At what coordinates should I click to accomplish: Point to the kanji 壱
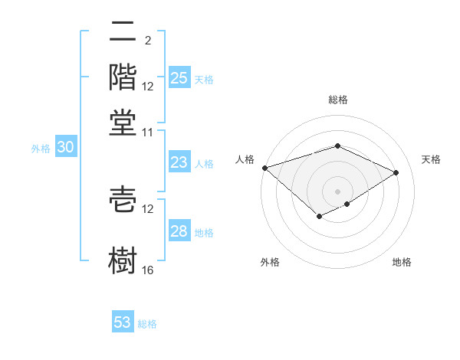click(123, 199)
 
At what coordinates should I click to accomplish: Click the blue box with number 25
click(179, 77)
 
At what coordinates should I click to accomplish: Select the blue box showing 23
click(179, 162)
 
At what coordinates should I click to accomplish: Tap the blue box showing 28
click(179, 231)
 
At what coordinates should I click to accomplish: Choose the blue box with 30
click(64, 148)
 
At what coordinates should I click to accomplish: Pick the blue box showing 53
click(123, 322)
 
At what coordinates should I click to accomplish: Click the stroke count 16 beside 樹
click(148, 270)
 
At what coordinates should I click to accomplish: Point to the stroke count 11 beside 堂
click(148, 132)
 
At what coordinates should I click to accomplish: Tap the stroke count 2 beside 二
click(147, 40)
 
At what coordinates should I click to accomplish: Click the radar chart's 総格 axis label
click(338, 100)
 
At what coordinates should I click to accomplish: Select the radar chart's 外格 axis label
click(270, 262)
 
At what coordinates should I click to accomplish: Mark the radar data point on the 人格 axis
click(264, 168)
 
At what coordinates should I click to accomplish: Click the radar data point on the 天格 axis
click(396, 172)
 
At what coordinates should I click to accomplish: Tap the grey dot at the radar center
click(337, 191)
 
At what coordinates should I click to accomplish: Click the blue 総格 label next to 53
click(147, 324)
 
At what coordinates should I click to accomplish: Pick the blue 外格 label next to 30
click(40, 149)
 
